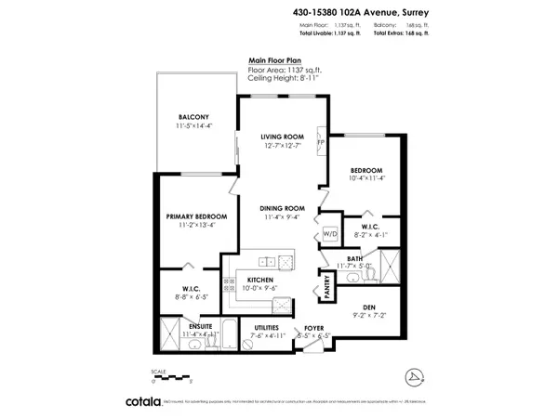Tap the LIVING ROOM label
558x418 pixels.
283,137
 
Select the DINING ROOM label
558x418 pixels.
283,207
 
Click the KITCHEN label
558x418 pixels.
259,280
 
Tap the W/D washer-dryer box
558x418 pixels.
329,234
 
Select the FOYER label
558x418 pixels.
313,328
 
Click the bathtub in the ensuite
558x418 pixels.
172,333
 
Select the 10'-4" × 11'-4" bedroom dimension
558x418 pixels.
366,180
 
